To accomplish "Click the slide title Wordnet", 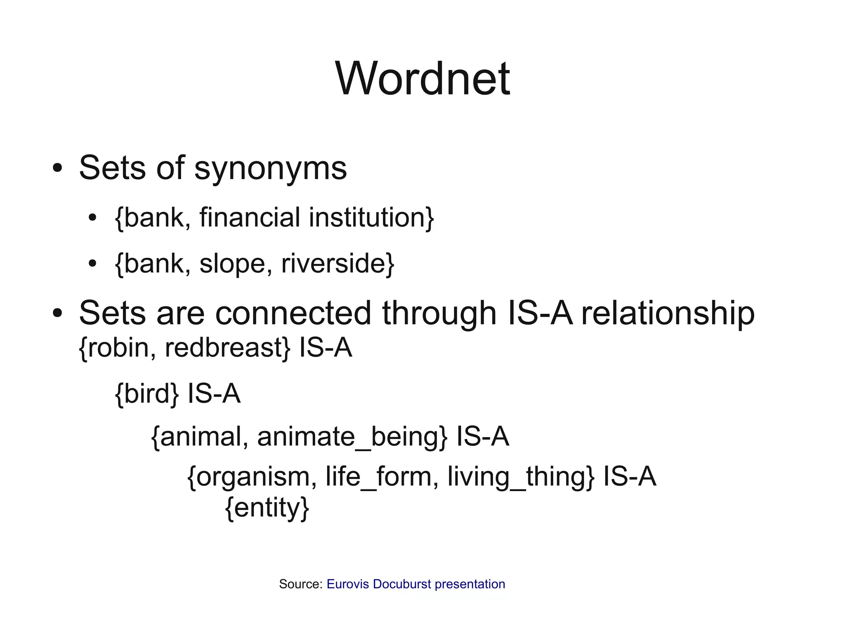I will point(422,78).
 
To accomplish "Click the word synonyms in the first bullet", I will point(270,168).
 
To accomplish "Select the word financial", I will point(250,217).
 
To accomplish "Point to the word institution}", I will point(371,217).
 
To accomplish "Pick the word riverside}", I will point(338,264).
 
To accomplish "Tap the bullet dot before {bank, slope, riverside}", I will point(92,264).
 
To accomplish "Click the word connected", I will point(293,313).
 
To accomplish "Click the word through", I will point(439,313).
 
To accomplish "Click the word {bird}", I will point(147,393).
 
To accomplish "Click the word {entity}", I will point(267,508).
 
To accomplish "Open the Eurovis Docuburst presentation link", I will point(416,584).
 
